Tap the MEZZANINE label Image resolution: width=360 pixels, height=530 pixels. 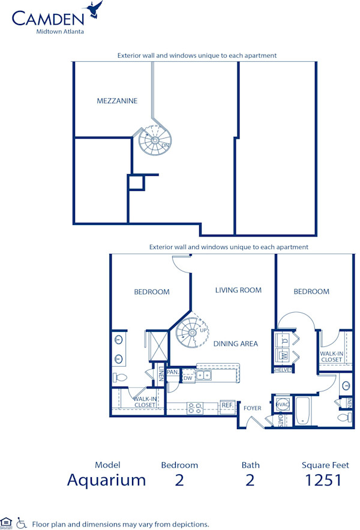coord(117,101)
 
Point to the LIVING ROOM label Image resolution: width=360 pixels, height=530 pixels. coord(238,290)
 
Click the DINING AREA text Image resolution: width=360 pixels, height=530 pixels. coord(236,344)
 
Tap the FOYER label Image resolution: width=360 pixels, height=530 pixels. coord(252,408)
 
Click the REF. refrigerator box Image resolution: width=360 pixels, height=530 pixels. coord(227,405)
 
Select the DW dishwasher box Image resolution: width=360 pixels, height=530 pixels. coord(187,377)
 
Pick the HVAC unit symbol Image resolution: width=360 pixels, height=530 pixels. coord(281,405)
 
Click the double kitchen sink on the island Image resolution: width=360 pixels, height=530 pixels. coord(205,376)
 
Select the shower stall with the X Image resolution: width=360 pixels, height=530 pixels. coord(158,345)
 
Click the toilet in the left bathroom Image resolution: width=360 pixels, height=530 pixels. coord(120,378)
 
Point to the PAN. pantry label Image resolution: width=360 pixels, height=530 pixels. coord(172,372)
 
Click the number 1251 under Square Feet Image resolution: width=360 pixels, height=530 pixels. coord(325,480)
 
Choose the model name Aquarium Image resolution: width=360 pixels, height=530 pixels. coord(106,480)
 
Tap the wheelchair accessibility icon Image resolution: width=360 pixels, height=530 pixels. coord(22,523)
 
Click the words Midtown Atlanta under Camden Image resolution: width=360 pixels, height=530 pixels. coord(58,32)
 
